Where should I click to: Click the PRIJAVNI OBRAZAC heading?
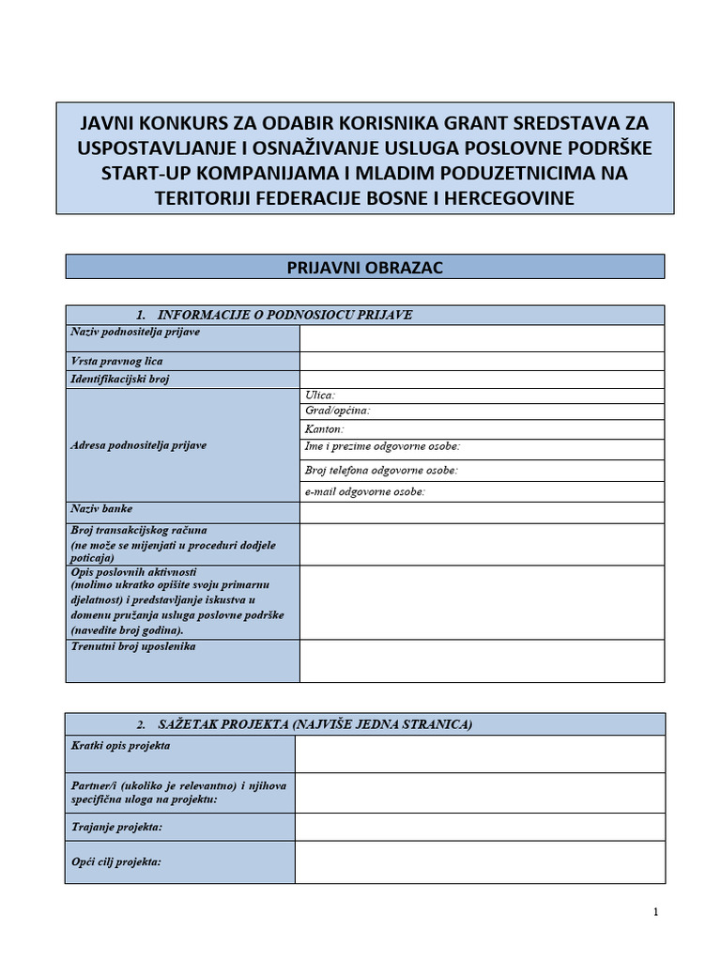364,268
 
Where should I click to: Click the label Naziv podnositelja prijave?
135,332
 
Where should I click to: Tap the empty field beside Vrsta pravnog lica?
482,361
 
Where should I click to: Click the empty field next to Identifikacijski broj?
482,380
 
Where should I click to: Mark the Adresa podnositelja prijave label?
138,445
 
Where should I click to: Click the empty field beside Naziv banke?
482,512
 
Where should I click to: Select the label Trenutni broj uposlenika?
133,647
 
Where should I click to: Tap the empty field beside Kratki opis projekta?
480,753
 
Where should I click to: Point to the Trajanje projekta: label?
116,827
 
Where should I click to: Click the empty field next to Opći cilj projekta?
480,861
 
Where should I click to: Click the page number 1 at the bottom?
655,912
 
